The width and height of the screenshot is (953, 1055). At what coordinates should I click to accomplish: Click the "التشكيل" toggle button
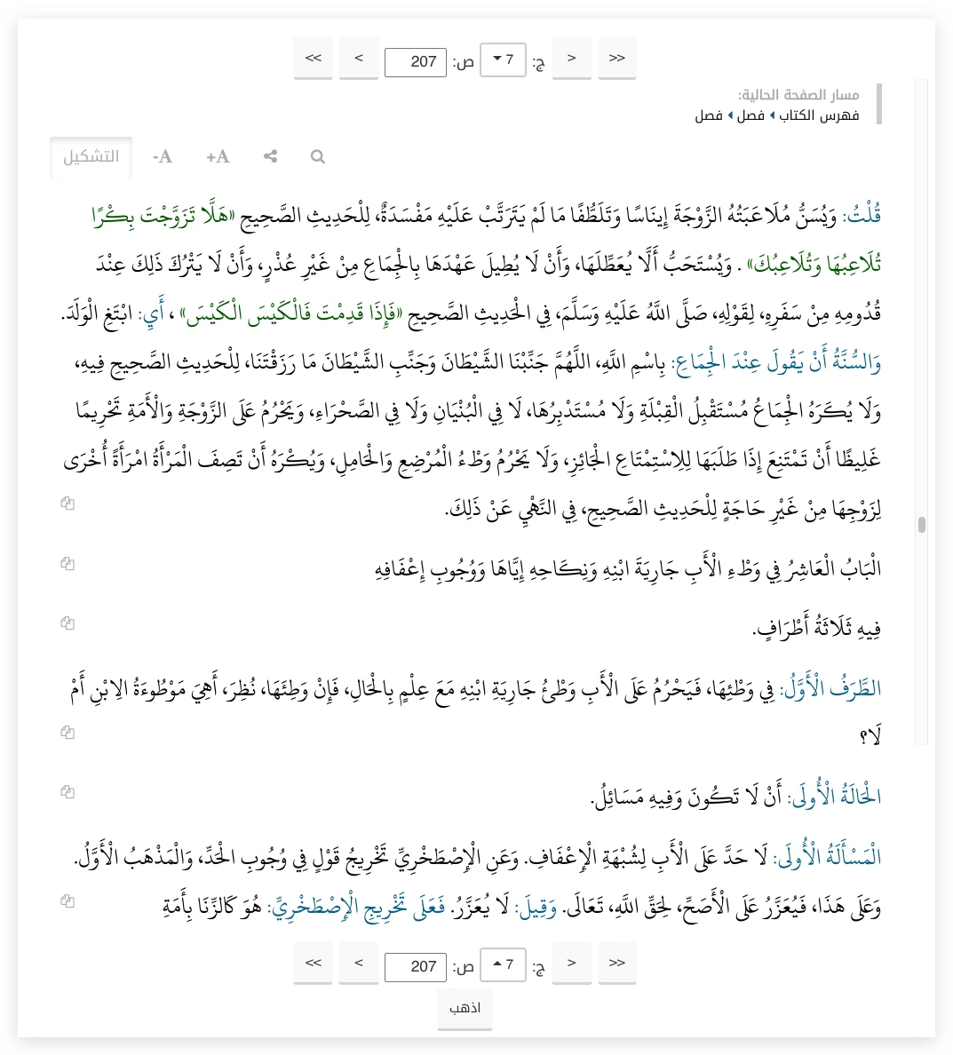pos(91,157)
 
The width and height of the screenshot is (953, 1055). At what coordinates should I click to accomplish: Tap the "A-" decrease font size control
pos(163,157)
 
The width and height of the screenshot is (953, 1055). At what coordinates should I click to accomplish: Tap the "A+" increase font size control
pos(218,157)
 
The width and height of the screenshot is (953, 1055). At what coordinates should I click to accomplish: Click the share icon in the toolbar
pos(271,157)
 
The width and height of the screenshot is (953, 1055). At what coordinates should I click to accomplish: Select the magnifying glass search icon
pos(317,157)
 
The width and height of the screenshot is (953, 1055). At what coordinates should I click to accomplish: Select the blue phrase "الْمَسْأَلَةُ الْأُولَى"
pos(827,858)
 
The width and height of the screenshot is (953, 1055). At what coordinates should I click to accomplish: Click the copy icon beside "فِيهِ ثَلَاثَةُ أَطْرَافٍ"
pos(68,623)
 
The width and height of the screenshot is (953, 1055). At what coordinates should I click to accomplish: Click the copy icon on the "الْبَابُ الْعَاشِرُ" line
pos(68,563)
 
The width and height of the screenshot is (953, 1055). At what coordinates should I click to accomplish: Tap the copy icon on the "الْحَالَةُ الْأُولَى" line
pos(68,791)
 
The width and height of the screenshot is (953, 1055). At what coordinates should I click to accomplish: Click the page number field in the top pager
pos(416,61)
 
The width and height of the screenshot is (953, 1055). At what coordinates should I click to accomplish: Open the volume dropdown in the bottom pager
pos(503,964)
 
